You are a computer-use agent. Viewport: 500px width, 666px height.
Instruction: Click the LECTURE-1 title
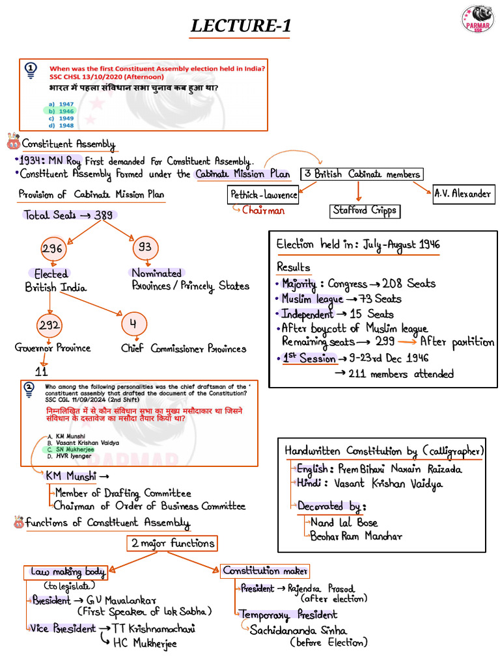240,27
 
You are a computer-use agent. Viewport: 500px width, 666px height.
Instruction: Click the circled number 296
51,248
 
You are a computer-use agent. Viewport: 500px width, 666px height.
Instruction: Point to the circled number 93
145,248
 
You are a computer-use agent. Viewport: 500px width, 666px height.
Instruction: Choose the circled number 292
49,326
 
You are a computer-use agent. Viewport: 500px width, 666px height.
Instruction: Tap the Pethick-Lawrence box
264,194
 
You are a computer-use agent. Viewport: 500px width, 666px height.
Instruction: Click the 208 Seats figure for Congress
412,284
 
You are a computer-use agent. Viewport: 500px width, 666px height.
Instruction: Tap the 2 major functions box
172,543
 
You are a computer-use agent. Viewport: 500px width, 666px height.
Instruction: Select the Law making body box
67,572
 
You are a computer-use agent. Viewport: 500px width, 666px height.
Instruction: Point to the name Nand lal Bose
344,522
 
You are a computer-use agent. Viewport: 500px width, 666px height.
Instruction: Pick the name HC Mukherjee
144,643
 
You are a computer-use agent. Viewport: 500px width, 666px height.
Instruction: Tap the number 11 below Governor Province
42,372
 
